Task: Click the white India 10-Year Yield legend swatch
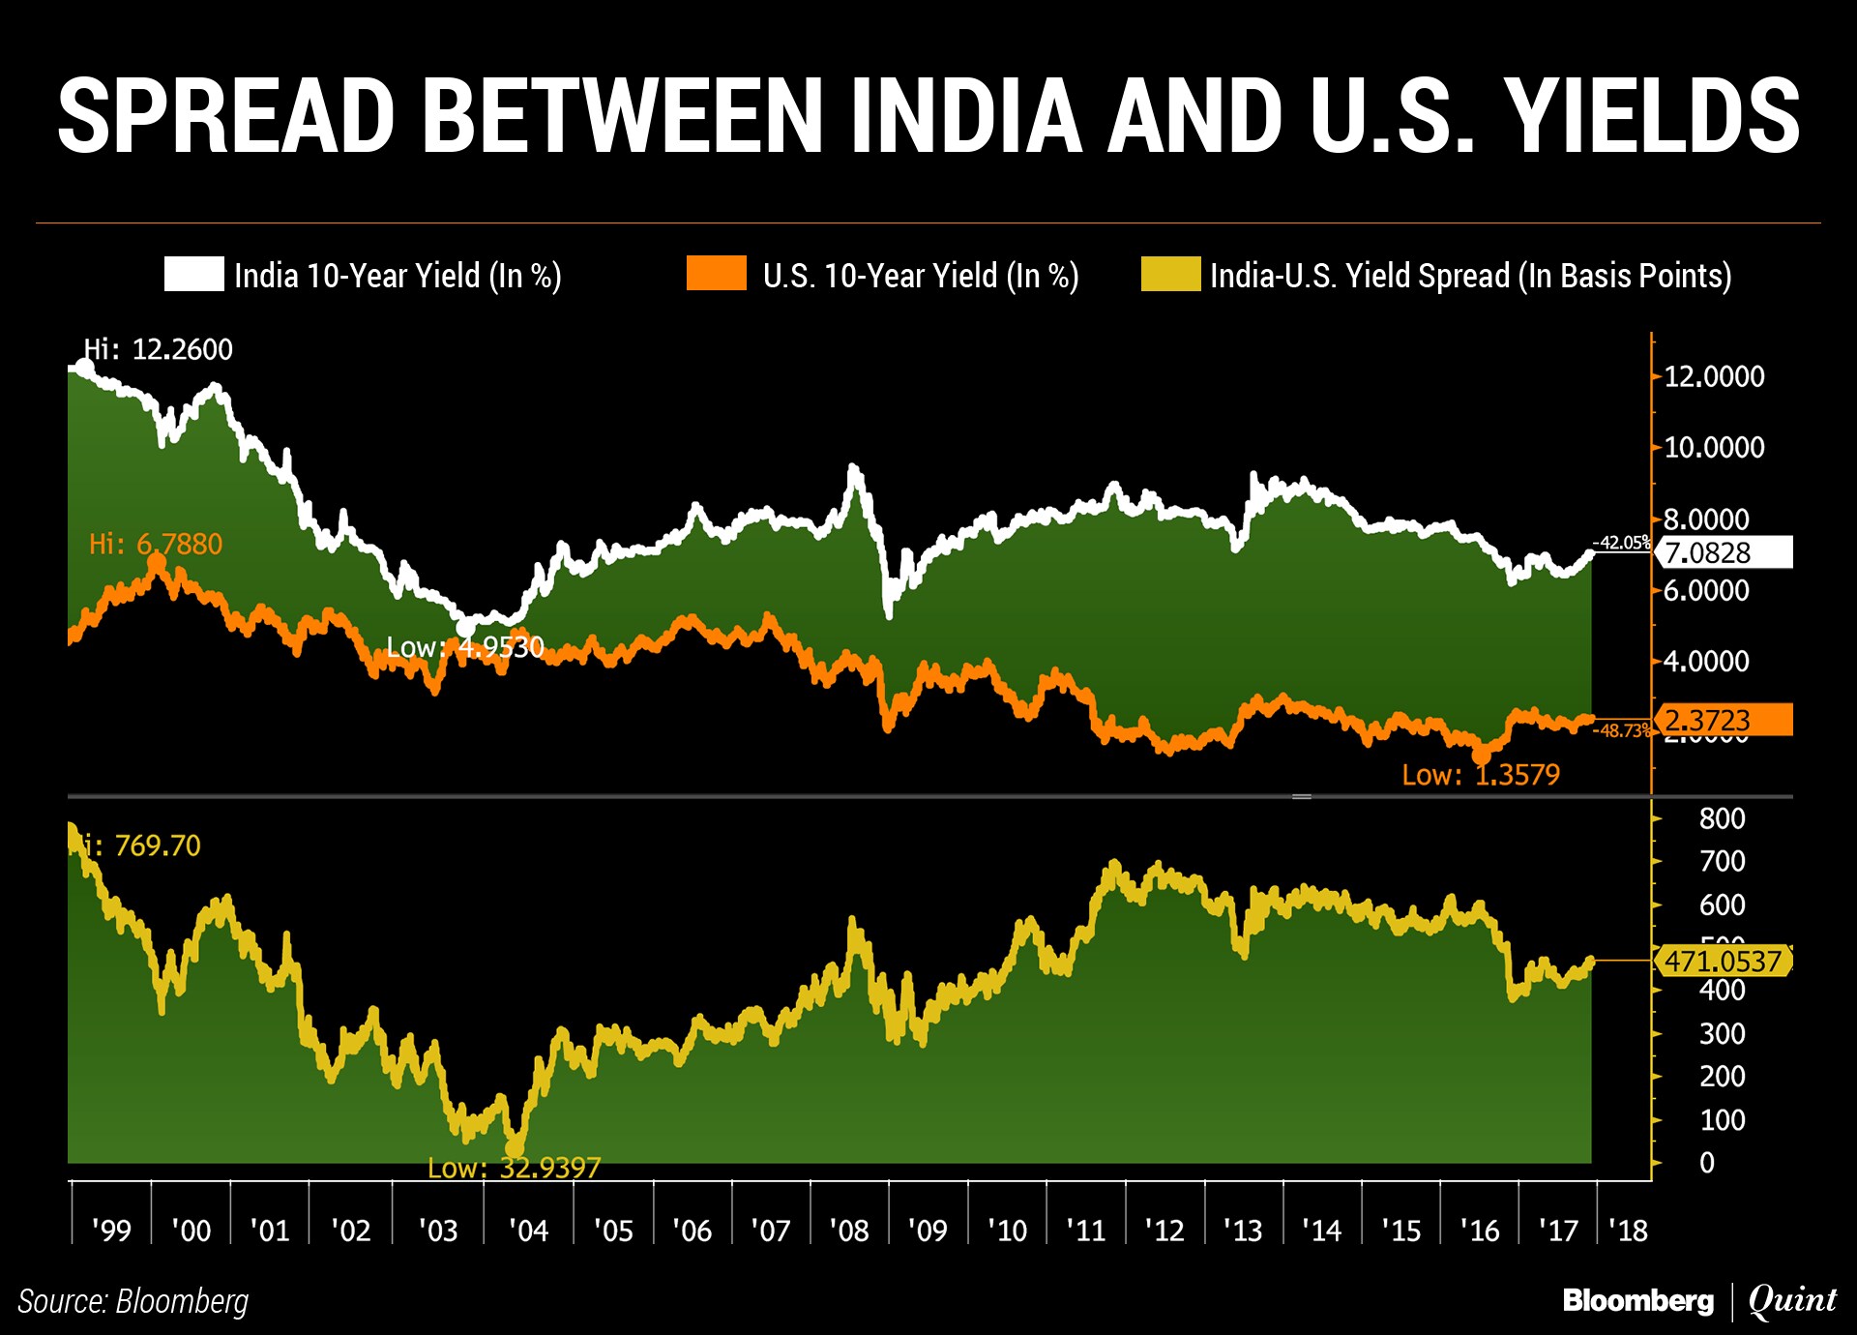pos(193,274)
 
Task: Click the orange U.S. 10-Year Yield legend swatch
pos(716,274)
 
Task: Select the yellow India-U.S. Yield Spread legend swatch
pos(1170,274)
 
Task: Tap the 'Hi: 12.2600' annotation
pos(159,349)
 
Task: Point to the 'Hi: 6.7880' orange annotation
pos(156,544)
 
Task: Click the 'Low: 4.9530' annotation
pos(465,646)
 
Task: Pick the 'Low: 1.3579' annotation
pos(1481,775)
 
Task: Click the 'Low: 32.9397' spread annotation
pos(514,1168)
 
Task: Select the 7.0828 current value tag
pos(1723,552)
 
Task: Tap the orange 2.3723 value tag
pos(1723,720)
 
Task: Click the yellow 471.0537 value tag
pos(1723,961)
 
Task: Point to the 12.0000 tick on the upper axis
pos(1714,376)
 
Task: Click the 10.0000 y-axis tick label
pos(1714,447)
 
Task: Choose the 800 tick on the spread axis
pos(1722,818)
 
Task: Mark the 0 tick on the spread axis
pos(1707,1162)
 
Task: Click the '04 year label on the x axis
pos(528,1231)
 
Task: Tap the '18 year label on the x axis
pos(1628,1231)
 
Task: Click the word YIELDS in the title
pos(1655,117)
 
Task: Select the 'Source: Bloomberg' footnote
pos(133,1301)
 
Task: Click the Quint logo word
pos(1792,1300)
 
